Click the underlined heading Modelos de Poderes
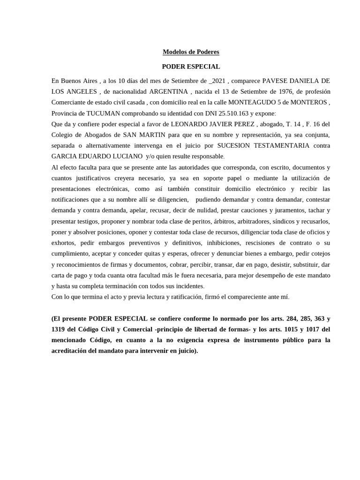coord(191,52)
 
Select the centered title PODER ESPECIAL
coord(191,67)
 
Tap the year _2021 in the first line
coord(222,81)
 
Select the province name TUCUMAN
coord(97,113)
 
